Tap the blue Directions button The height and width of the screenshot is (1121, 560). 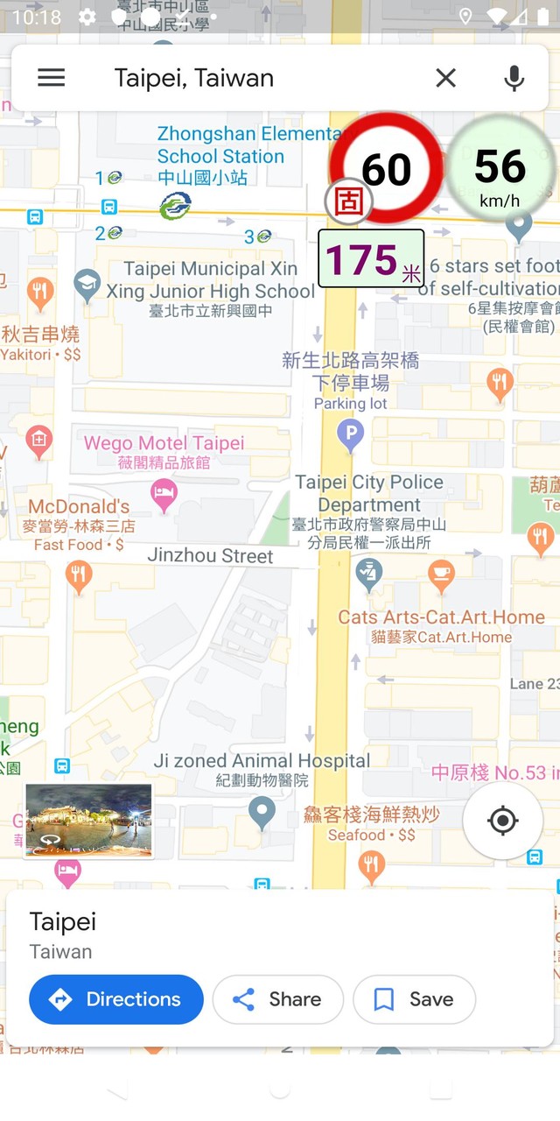(x=116, y=999)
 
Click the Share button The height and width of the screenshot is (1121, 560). (x=277, y=999)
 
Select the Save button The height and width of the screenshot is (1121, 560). (x=414, y=999)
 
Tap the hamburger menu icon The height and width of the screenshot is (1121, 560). (x=52, y=78)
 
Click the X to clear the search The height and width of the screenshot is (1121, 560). (x=445, y=78)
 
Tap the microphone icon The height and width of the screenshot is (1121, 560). (x=514, y=78)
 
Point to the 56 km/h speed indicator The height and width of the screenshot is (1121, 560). (x=500, y=170)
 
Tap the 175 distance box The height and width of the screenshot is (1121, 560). (x=371, y=259)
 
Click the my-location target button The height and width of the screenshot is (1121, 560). (x=502, y=821)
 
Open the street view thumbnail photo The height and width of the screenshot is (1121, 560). (x=88, y=821)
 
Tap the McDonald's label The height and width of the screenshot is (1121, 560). (x=79, y=506)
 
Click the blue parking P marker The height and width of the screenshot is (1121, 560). (x=351, y=433)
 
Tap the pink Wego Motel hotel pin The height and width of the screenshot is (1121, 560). (x=164, y=493)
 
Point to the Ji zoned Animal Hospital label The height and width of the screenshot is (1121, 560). (x=262, y=761)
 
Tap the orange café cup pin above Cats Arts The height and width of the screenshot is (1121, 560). (x=441, y=574)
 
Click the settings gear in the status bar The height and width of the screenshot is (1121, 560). (x=87, y=17)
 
